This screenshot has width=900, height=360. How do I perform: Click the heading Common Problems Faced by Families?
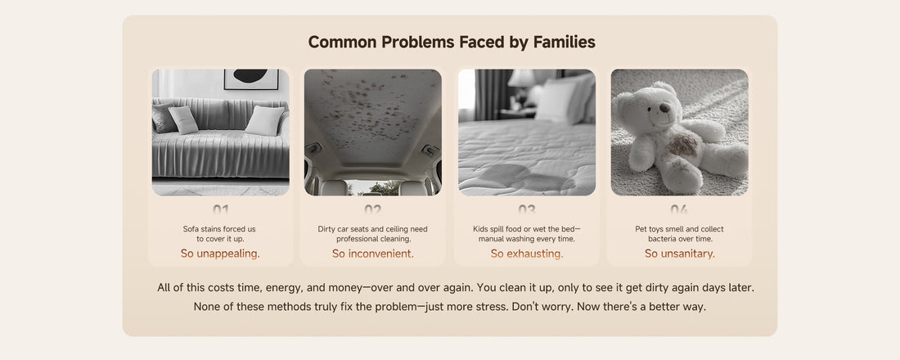451,42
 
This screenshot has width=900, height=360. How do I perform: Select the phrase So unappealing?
220,253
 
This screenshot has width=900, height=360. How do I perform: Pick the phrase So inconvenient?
372,253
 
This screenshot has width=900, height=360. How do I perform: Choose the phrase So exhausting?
526,253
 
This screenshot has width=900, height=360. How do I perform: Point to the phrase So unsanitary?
680,253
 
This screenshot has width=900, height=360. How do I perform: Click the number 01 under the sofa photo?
220,209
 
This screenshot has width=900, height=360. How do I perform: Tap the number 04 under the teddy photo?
679,209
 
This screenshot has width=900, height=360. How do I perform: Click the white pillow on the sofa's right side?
264,120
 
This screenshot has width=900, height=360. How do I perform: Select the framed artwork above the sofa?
251,79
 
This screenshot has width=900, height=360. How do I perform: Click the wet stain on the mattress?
520,178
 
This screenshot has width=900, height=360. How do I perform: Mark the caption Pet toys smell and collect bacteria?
680,234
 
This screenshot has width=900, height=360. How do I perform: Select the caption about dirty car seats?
372,234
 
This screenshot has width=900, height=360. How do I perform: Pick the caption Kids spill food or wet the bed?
526,234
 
